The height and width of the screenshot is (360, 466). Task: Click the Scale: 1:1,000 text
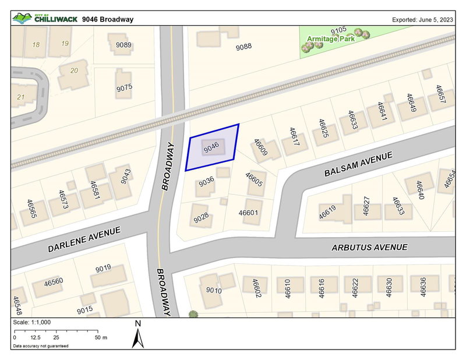pyautogui.click(x=31, y=322)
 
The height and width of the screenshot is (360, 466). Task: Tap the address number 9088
pyautogui.click(x=244, y=47)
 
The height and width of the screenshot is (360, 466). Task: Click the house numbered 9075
pyautogui.click(x=124, y=87)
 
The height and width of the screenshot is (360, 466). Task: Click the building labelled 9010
pyautogui.click(x=214, y=290)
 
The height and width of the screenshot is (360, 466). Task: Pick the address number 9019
pyautogui.click(x=103, y=269)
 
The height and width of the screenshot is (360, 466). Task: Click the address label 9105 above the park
pyautogui.click(x=338, y=30)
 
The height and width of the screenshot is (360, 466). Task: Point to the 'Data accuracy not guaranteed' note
pyautogui.click(x=40, y=346)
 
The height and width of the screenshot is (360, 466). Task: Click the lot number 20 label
pyautogui.click(x=73, y=71)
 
